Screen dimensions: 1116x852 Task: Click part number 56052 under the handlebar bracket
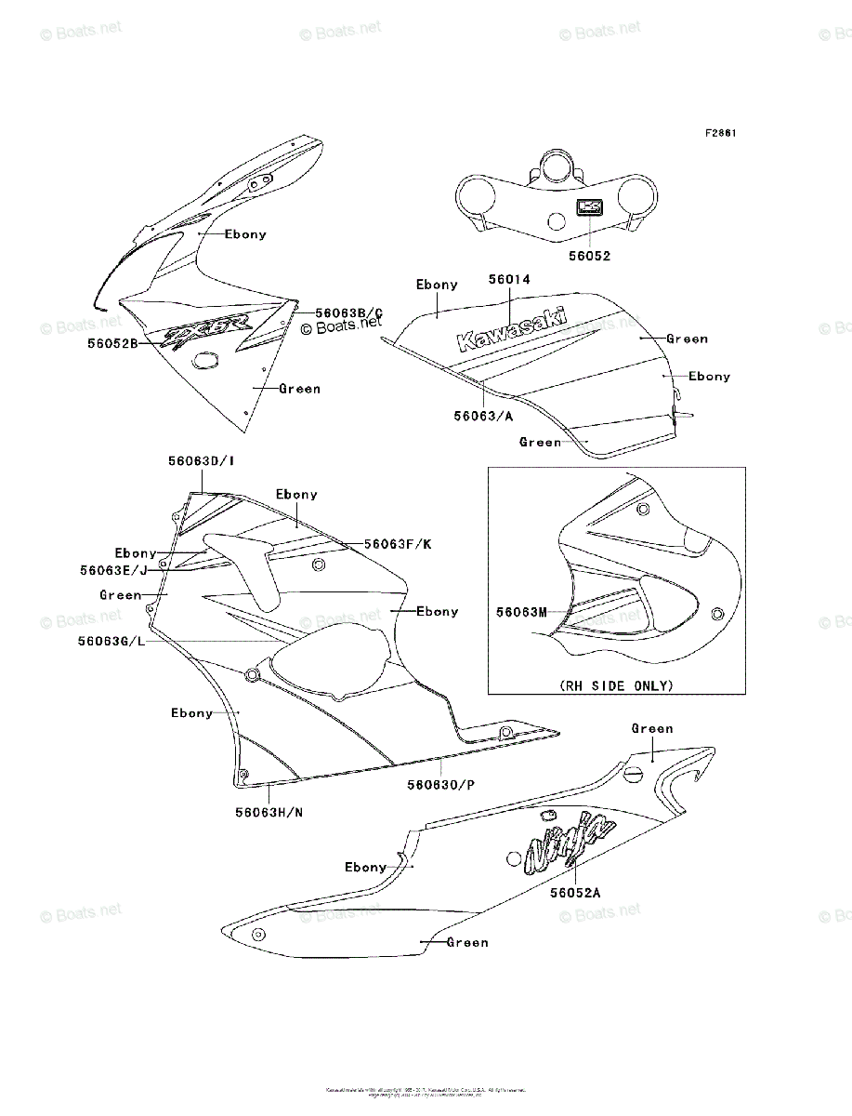589,256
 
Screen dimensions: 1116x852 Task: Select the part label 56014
509,278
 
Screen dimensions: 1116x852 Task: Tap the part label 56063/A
483,416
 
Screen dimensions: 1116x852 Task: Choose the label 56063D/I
201,460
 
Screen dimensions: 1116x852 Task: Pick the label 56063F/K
398,544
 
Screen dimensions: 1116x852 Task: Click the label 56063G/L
113,641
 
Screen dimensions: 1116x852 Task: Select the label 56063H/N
269,812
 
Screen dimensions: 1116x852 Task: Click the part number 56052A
574,892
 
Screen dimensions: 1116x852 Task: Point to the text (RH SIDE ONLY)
616,685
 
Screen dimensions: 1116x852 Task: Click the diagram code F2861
720,133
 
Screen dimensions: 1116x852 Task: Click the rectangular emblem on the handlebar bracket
587,208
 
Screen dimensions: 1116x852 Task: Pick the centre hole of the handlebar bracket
556,221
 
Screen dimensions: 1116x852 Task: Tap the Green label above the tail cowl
652,728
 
